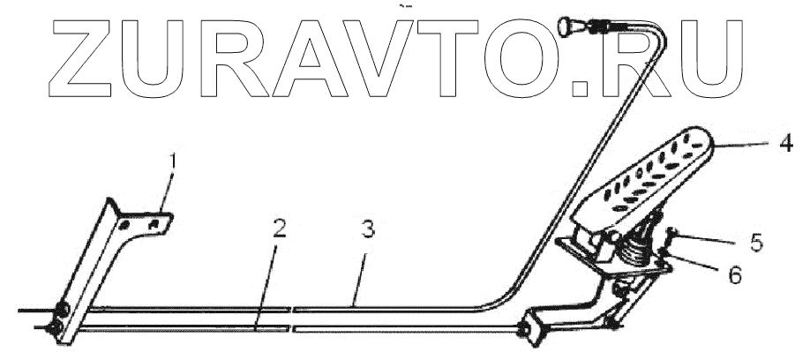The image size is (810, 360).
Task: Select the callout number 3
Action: pyautogui.click(x=367, y=231)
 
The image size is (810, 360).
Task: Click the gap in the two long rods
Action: pyautogui.click(x=292, y=318)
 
